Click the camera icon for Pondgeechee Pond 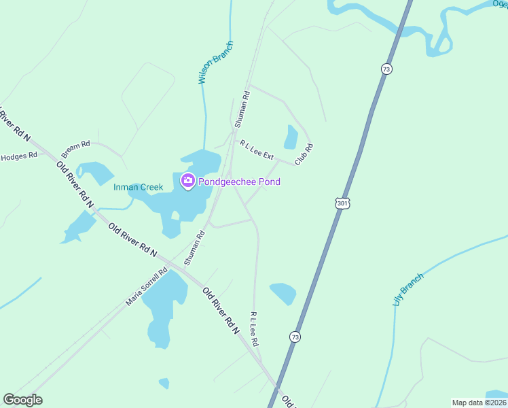(x=187, y=181)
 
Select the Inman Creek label (x=139, y=187)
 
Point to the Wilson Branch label (x=215, y=62)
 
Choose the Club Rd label (x=303, y=154)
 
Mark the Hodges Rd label (x=18, y=156)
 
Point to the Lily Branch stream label (x=407, y=289)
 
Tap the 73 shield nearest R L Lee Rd (x=295, y=337)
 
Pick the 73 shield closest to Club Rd (x=386, y=69)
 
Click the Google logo (x=22, y=400)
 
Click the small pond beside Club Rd (x=291, y=137)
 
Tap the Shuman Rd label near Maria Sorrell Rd (x=195, y=246)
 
